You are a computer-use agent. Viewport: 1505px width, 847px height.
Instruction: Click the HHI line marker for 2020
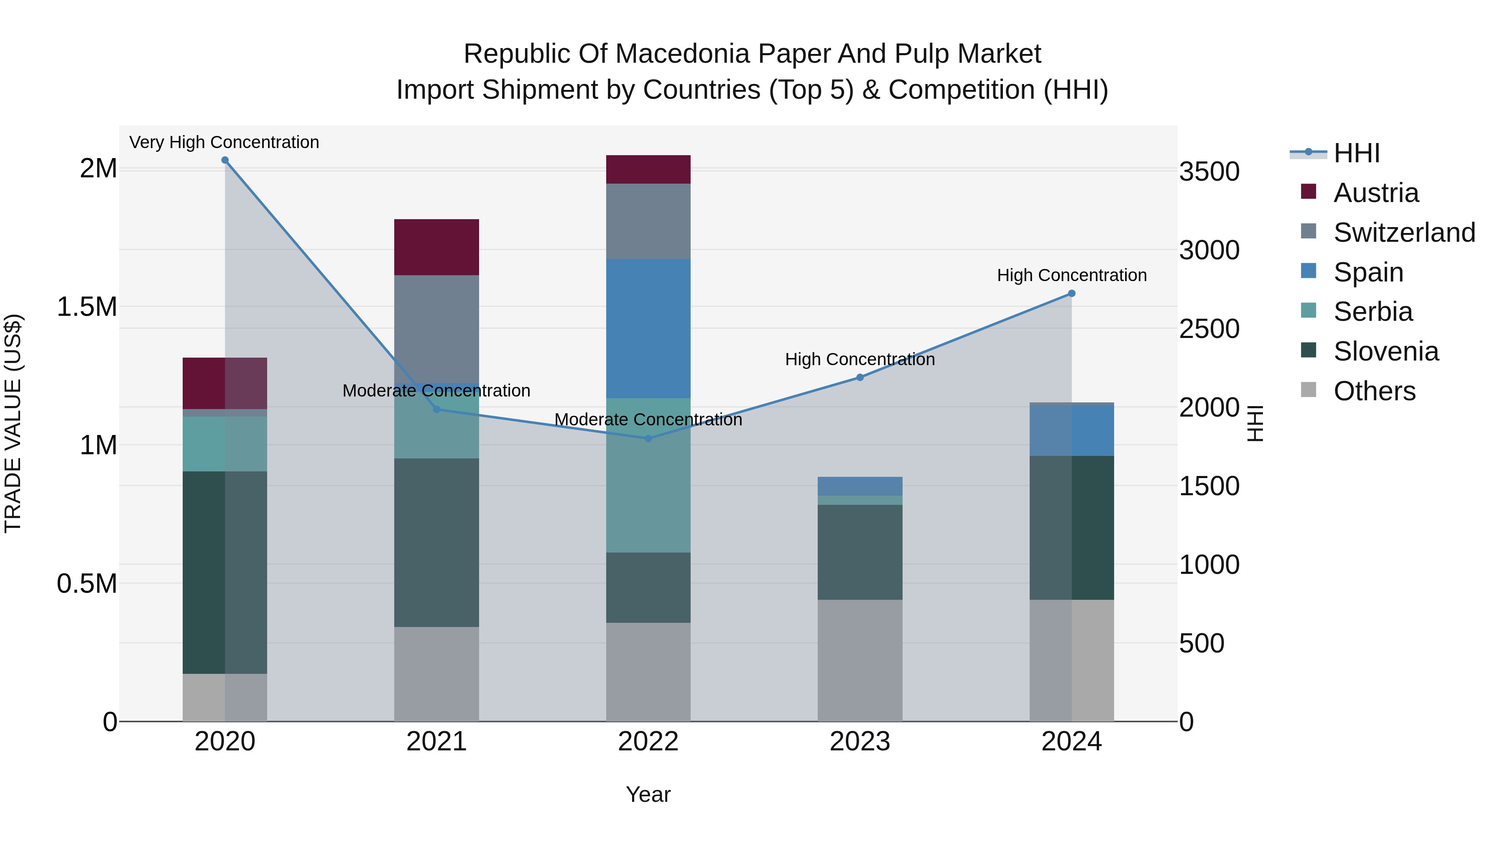[225, 160]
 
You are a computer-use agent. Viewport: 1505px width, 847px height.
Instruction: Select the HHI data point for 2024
[1071, 294]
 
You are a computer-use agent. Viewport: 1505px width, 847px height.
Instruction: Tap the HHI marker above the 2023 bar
[860, 378]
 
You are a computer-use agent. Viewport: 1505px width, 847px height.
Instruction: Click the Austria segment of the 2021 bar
[436, 247]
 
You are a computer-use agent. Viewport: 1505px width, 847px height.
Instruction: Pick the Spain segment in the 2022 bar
[648, 328]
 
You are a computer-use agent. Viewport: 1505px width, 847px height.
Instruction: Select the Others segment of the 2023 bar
[860, 660]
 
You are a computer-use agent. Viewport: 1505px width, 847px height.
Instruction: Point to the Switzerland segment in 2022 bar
[648, 222]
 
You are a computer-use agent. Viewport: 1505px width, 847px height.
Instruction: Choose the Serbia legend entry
[1372, 312]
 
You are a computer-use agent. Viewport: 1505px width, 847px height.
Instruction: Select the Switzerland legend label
[1404, 233]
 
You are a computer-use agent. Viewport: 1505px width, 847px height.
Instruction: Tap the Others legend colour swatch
[1309, 390]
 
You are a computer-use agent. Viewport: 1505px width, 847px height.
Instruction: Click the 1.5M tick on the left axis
[87, 307]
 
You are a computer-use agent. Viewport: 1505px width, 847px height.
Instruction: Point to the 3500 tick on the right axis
[1209, 172]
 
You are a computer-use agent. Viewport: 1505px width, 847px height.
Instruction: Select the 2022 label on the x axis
[648, 742]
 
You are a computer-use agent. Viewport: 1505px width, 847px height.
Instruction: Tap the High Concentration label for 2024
[1071, 275]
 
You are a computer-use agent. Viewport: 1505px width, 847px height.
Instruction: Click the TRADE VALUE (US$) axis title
[13, 423]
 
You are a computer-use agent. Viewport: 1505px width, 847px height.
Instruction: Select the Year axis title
[648, 794]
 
